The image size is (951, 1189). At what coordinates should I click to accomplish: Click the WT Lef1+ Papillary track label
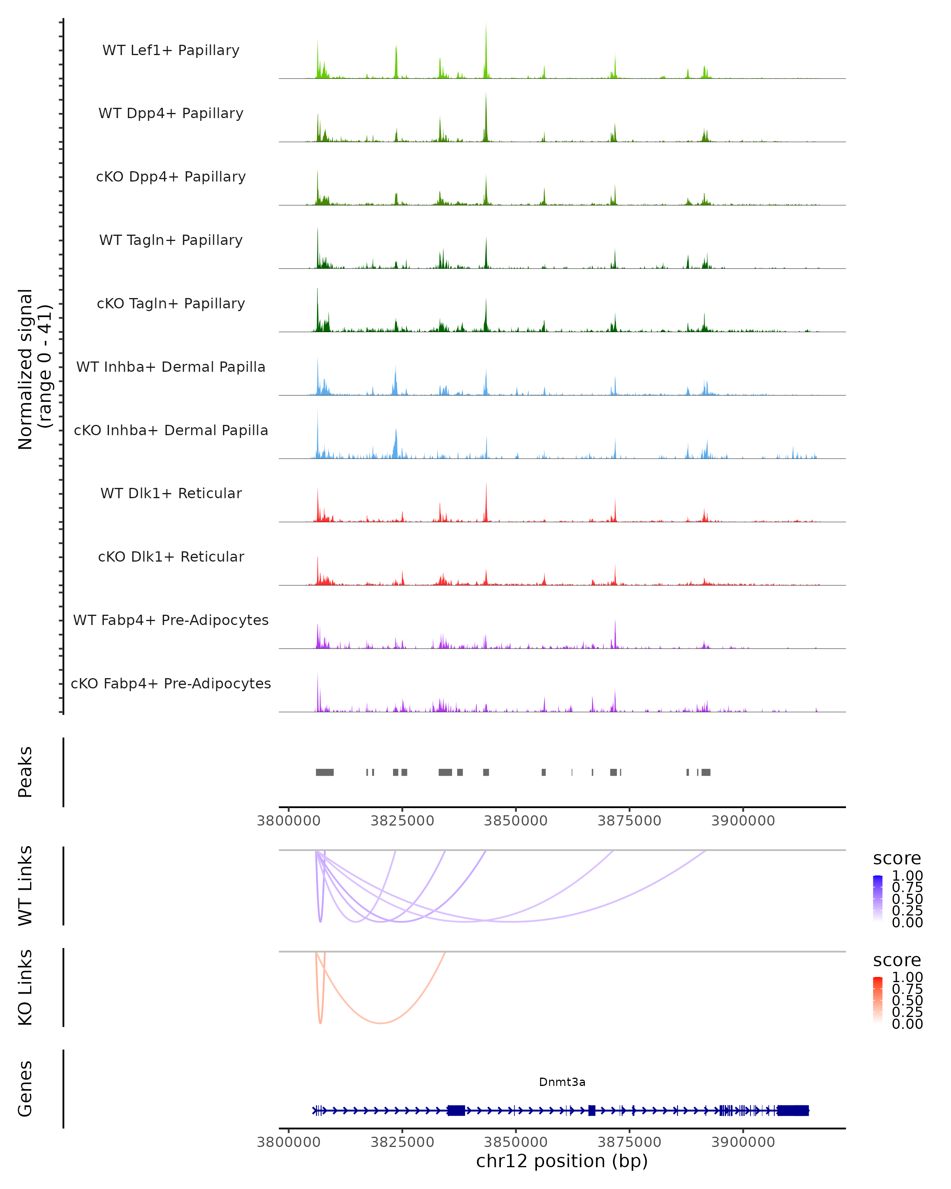pyautogui.click(x=171, y=50)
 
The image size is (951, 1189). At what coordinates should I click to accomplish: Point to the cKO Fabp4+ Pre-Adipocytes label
pyautogui.click(x=171, y=683)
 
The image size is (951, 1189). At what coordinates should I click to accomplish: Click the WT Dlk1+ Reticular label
pyautogui.click(x=171, y=493)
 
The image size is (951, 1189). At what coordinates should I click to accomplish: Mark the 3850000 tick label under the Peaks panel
pyautogui.click(x=516, y=821)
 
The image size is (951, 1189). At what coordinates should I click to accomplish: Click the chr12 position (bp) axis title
pyautogui.click(x=562, y=1161)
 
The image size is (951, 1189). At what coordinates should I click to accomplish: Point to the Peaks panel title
pyautogui.click(x=25, y=772)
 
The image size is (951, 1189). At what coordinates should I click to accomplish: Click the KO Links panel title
pyautogui.click(x=25, y=987)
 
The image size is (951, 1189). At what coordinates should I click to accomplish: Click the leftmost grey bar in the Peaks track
pyautogui.click(x=324, y=772)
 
